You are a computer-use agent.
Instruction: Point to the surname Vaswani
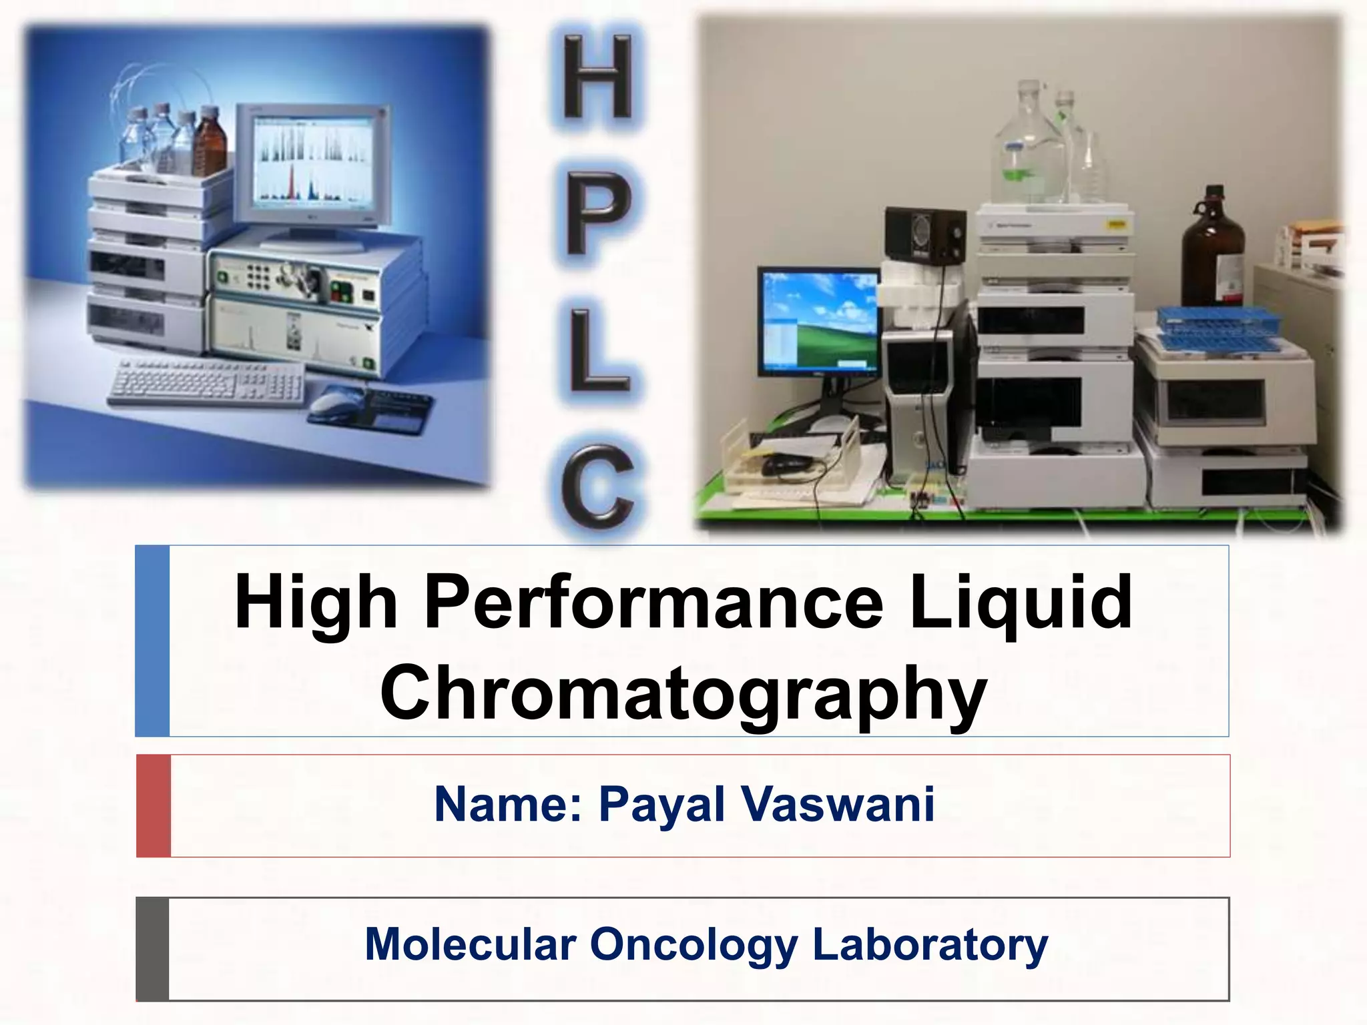838,804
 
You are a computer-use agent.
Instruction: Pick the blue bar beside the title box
152,641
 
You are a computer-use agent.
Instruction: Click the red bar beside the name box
154,805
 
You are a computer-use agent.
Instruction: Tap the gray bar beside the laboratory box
152,948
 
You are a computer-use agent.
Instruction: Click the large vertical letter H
597,77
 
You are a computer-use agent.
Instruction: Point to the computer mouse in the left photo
336,401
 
